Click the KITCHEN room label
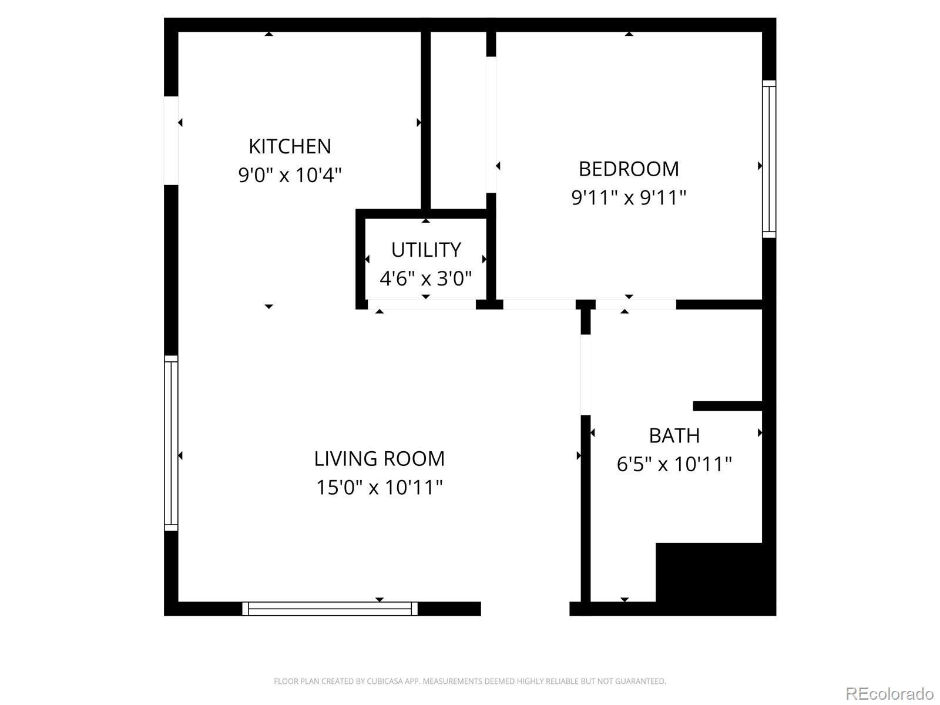tap(290, 146)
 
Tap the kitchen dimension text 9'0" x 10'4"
tap(290, 174)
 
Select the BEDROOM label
tap(629, 169)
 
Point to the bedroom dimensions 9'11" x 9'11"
tap(629, 197)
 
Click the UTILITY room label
tap(426, 250)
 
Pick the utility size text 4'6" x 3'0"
tap(426, 278)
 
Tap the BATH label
tap(674, 435)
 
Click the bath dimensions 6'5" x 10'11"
tap(674, 464)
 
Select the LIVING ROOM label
tap(379, 458)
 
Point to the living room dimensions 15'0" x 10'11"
tap(379, 487)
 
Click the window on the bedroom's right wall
tap(769, 159)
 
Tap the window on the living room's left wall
tap(170, 443)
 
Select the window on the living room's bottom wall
tap(330, 609)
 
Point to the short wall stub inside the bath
tap(727, 406)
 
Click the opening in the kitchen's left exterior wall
tap(171, 140)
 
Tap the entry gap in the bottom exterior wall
tap(525, 609)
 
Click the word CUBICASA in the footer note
tap(384, 681)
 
